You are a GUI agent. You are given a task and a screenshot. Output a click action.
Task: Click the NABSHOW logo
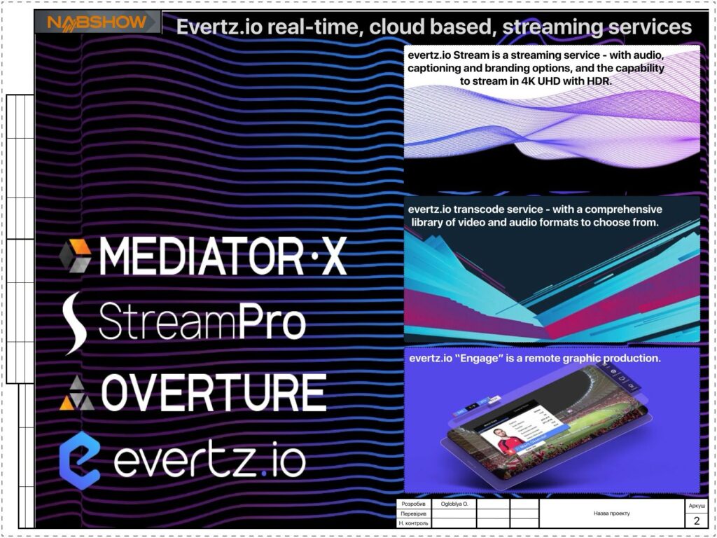pos(97,22)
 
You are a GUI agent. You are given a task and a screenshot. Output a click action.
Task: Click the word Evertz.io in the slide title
pos(219,27)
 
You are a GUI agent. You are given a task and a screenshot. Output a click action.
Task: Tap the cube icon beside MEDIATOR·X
pos(76,255)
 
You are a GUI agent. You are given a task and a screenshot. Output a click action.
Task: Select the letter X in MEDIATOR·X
pos(333,256)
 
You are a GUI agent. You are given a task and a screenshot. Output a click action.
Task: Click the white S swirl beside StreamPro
pos(74,323)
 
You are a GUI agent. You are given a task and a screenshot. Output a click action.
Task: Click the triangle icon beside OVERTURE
pos(77,393)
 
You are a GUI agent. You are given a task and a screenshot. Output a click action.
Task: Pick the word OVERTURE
pos(214,392)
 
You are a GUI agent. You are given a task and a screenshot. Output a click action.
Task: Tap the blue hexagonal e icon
pos(80,460)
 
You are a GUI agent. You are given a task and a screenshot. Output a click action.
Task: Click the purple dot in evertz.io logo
pos(263,474)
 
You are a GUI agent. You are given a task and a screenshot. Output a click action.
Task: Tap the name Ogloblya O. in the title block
pos(454,504)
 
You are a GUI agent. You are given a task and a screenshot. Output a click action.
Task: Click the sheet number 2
pos(697,520)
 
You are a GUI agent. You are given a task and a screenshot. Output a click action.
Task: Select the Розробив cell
pos(413,504)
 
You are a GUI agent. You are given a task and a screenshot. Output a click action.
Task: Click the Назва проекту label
pos(611,513)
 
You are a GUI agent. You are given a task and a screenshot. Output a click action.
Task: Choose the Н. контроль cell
pos(413,523)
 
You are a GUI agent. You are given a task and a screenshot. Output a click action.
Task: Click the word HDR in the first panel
pos(599,81)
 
